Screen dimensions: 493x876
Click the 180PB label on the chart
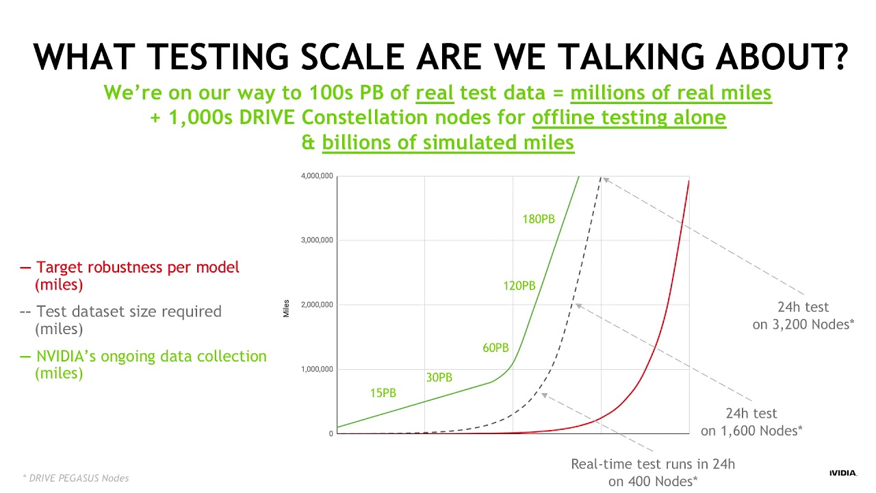(538, 219)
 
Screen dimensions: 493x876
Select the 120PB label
(519, 286)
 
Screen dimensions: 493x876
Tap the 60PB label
(495, 348)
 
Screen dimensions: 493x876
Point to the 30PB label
(439, 377)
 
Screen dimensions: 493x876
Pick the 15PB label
(382, 393)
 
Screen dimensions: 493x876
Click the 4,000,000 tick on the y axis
(317, 176)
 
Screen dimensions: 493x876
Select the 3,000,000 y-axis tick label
(317, 240)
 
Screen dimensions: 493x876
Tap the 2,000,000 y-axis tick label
(317, 304)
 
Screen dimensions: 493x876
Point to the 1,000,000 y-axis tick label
(317, 369)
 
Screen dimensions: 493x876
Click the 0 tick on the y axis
(331, 433)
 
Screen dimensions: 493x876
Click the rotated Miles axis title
(286, 308)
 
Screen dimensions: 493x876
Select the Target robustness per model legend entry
(130, 275)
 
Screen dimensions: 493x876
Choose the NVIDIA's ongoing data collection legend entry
(143, 364)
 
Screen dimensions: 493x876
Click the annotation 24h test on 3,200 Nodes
(803, 316)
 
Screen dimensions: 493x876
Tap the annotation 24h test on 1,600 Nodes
(751, 422)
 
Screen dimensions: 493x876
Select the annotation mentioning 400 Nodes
(653, 472)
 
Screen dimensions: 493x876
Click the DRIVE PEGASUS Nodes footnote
(75, 478)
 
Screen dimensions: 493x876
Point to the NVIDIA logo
(842, 472)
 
